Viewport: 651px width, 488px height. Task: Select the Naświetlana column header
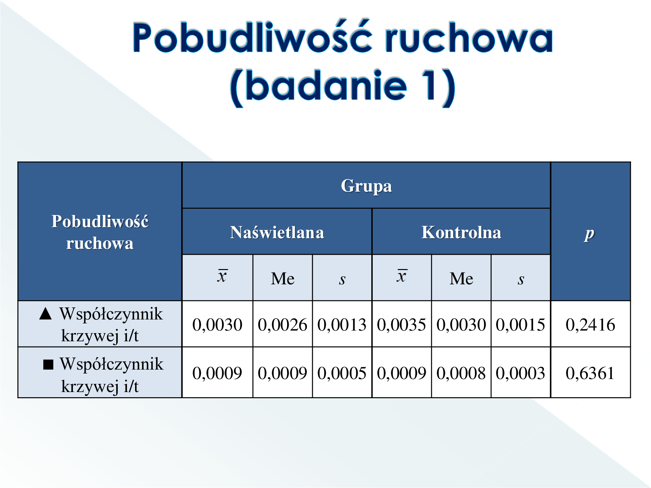277,232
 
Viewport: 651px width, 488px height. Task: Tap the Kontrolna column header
461,232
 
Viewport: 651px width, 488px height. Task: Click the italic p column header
589,234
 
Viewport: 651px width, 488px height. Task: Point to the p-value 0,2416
590,325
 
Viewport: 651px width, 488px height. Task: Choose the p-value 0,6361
590,373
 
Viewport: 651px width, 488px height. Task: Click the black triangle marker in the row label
46,314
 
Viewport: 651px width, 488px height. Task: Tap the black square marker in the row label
48,364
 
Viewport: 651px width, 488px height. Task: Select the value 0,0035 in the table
401,325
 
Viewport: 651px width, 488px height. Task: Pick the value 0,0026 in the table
282,325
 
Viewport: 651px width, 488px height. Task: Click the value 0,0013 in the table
342,325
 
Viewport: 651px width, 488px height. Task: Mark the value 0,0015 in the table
520,325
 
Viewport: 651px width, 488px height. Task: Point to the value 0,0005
342,373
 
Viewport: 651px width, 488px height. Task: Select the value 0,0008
461,373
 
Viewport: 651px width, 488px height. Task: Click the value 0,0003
520,373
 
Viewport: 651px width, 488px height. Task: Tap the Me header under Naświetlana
283,278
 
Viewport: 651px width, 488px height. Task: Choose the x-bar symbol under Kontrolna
402,276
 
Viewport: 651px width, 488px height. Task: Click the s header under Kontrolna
521,279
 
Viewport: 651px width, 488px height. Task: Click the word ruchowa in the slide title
469,37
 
